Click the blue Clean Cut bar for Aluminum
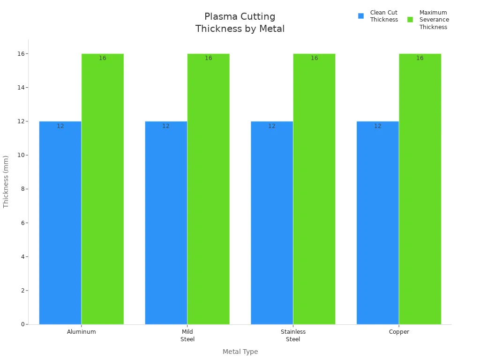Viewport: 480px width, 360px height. tap(60, 223)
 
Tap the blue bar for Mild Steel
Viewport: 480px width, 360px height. tap(166, 223)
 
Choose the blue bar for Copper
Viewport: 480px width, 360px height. tap(377, 223)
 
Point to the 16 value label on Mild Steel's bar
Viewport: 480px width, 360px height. tap(208, 58)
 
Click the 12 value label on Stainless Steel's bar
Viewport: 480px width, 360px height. tap(272, 126)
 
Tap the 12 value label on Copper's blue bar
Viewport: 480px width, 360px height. tap(377, 126)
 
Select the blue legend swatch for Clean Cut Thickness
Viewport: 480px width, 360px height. tap(361, 16)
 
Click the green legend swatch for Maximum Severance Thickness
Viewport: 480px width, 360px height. tap(410, 20)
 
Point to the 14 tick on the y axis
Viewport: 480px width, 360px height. tap(21, 88)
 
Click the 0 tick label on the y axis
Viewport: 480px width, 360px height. tap(22, 324)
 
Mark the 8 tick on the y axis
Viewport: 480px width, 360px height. tap(22, 189)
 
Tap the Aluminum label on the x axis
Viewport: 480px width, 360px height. tap(82, 332)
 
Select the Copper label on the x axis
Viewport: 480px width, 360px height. tap(399, 332)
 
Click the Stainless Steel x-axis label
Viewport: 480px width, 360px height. tap(293, 335)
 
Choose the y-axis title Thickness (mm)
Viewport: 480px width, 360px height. tap(6, 181)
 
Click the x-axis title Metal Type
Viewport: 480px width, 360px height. tap(240, 352)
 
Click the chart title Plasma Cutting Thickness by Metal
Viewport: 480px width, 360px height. tap(240, 23)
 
